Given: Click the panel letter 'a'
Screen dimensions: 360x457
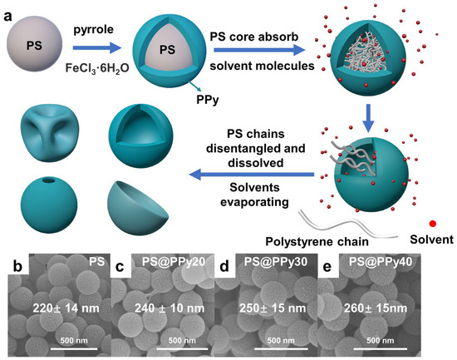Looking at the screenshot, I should [12, 12].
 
